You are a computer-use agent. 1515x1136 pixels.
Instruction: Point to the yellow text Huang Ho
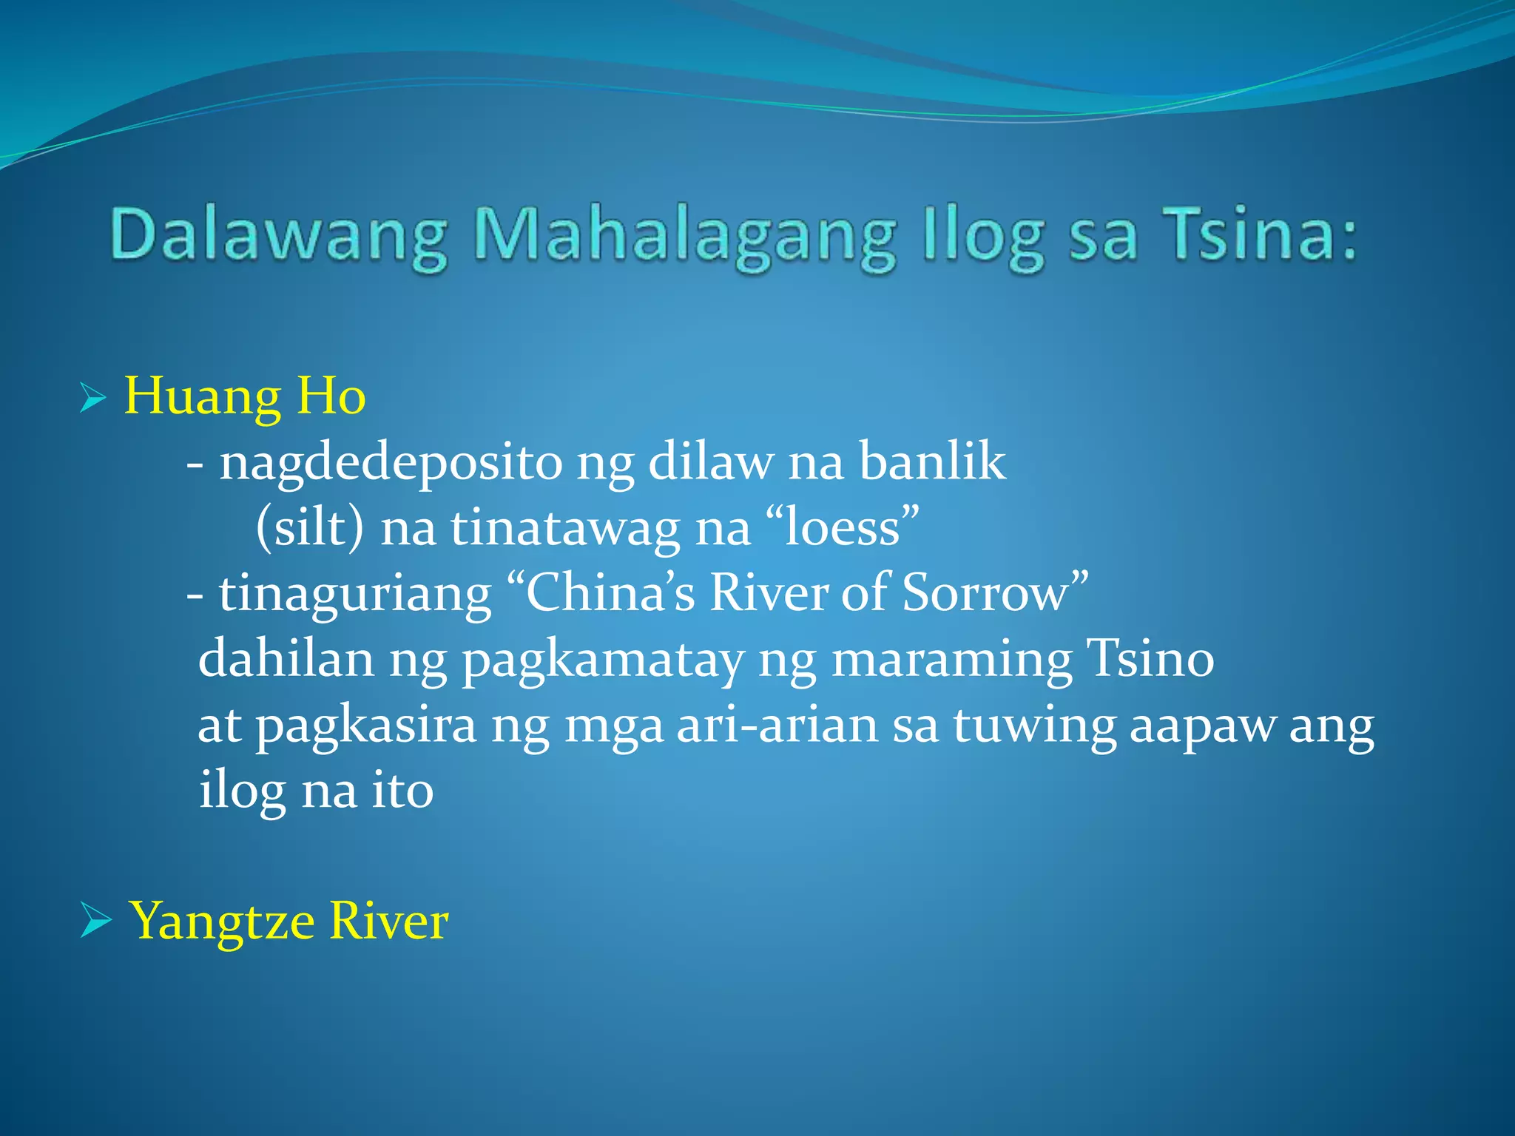pyautogui.click(x=244, y=396)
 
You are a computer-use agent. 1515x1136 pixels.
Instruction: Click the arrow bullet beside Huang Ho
pyautogui.click(x=92, y=399)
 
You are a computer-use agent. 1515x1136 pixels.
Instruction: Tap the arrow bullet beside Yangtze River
pyautogui.click(x=95, y=922)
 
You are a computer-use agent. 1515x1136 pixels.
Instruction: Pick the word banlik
pyautogui.click(x=932, y=461)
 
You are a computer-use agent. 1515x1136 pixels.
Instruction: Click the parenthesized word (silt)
pyautogui.click(x=310, y=528)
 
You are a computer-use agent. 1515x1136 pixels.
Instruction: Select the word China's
pyautogui.click(x=610, y=593)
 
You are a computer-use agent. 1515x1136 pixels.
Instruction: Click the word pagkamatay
pyautogui.click(x=603, y=660)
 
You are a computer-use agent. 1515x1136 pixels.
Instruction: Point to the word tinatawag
pyautogui.click(x=566, y=528)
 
